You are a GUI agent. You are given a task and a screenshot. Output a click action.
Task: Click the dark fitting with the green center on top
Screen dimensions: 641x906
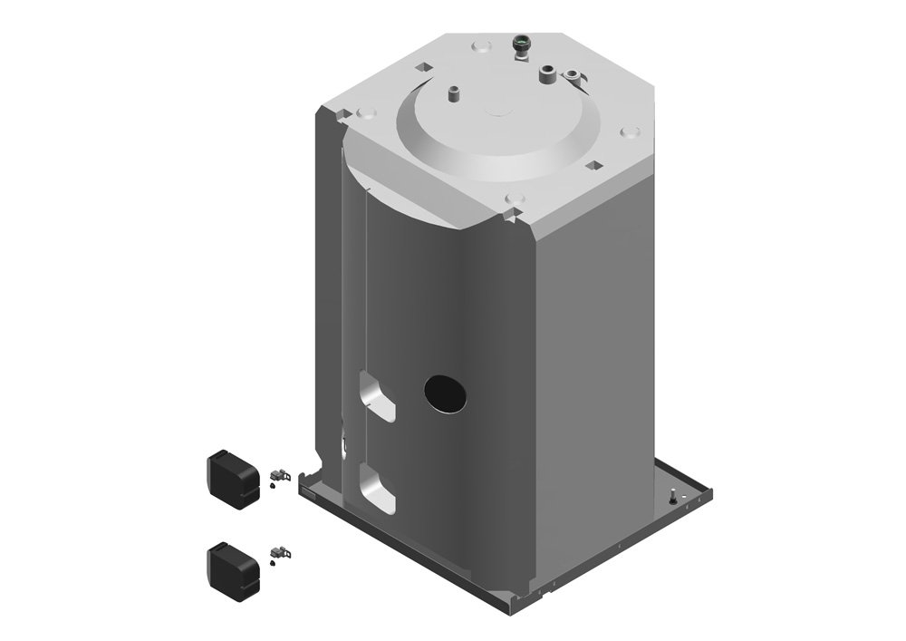pos(522,44)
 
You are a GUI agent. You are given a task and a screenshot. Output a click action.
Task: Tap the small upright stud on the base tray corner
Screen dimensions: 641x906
pos(673,492)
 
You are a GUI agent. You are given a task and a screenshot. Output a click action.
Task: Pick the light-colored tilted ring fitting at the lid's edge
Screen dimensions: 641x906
pos(573,73)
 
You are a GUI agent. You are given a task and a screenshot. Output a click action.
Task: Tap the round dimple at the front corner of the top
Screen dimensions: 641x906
pos(515,198)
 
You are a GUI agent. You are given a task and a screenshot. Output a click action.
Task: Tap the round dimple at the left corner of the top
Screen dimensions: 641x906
pos(366,113)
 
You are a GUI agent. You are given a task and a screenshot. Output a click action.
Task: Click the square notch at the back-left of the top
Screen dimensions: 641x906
pos(422,66)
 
